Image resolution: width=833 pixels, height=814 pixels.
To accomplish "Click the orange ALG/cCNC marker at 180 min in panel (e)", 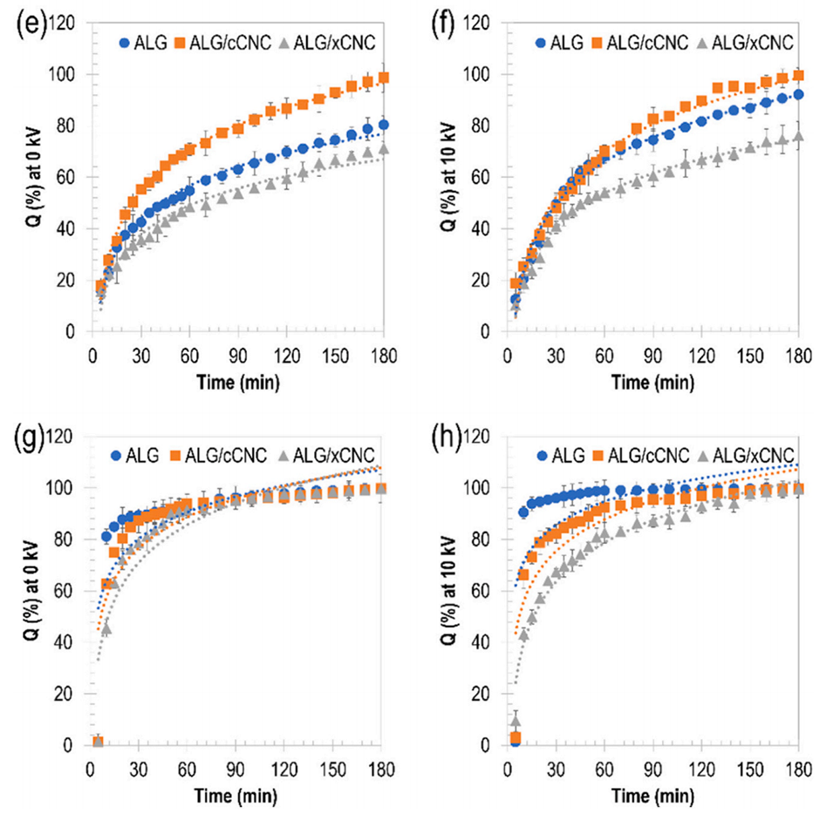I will pyautogui.click(x=383, y=78).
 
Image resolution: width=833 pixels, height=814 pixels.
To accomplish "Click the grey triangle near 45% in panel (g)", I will pyautogui.click(x=106, y=627).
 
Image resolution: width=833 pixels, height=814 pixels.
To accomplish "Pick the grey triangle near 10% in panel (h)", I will pyautogui.click(x=515, y=720).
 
